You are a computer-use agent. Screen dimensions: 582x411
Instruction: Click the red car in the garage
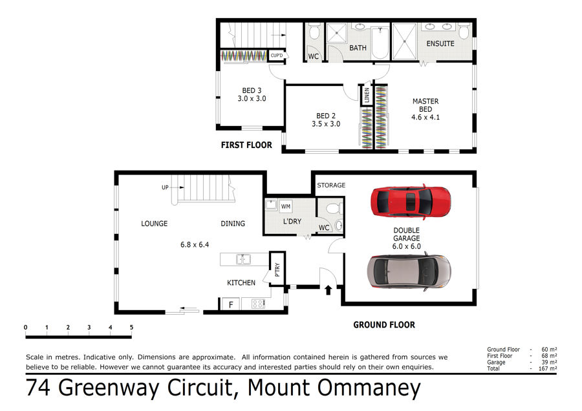(x=411, y=202)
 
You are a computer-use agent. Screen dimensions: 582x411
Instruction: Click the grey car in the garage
(x=409, y=271)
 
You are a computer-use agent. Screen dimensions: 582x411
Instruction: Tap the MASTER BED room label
(x=426, y=105)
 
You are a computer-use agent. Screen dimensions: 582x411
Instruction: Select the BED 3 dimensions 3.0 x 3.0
(x=252, y=99)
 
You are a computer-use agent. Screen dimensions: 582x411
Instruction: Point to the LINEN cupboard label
(x=367, y=94)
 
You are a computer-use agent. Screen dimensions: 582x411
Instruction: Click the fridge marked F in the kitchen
(x=230, y=304)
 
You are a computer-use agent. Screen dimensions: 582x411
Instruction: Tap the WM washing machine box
(x=285, y=206)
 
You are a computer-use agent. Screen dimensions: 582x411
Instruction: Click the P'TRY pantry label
(x=277, y=269)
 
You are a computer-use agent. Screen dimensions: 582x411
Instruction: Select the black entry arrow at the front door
(x=328, y=290)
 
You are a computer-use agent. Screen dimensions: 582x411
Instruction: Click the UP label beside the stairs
(x=165, y=187)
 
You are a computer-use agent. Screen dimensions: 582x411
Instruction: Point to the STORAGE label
(x=331, y=185)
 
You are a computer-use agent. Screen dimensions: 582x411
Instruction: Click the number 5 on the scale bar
(x=131, y=327)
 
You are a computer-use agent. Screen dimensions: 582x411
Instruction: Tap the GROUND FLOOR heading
(x=384, y=325)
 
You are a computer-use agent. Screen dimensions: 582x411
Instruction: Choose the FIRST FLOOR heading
(x=246, y=145)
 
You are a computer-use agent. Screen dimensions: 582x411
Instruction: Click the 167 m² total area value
(x=548, y=368)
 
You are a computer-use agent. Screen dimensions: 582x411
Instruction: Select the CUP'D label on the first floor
(x=277, y=56)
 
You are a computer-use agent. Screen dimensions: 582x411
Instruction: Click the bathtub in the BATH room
(x=380, y=43)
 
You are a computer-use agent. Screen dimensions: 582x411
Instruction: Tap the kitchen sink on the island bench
(x=243, y=259)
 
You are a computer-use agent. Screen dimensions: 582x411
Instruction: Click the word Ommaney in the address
(x=369, y=388)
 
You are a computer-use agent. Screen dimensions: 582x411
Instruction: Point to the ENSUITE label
(x=440, y=44)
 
